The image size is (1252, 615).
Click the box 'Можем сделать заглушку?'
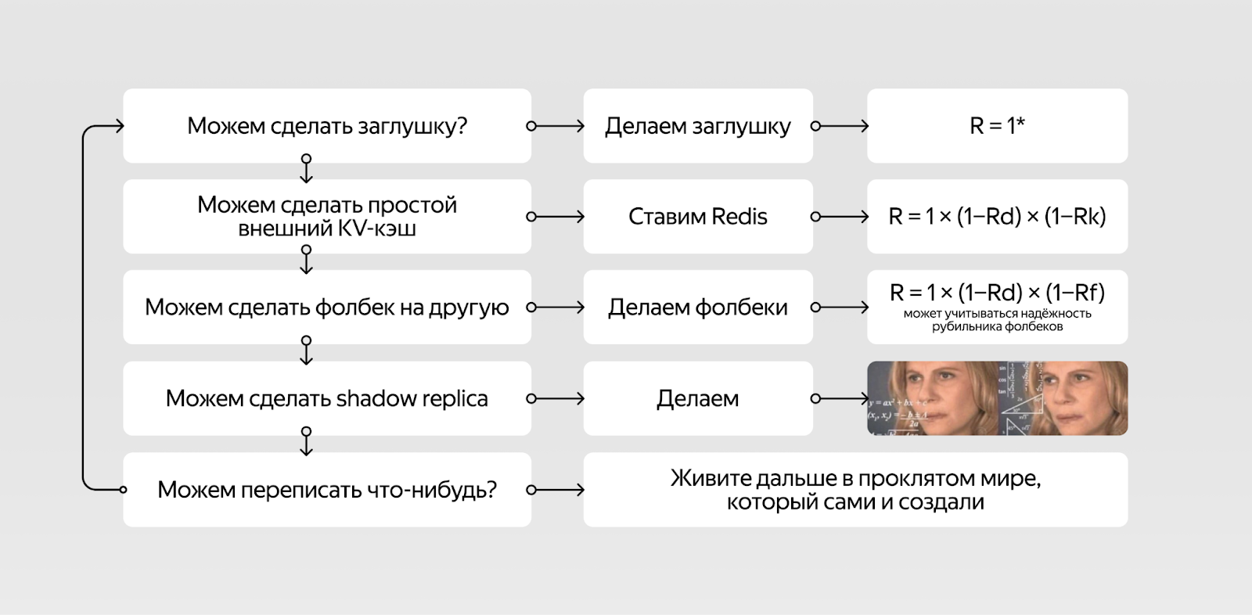click(x=327, y=126)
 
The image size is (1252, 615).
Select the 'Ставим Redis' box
click(x=698, y=217)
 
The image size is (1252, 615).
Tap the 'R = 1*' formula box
click(x=997, y=126)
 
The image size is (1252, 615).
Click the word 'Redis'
click(x=739, y=217)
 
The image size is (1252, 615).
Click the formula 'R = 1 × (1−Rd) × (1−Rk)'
click(x=997, y=217)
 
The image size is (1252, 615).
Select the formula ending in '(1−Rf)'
click(x=997, y=292)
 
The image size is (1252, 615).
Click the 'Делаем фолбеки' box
click(x=698, y=307)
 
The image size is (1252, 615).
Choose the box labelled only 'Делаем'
click(x=698, y=398)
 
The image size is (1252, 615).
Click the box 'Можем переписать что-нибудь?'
click(x=327, y=490)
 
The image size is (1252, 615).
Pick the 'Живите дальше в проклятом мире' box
click(x=856, y=490)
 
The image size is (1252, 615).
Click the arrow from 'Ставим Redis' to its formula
click(x=840, y=217)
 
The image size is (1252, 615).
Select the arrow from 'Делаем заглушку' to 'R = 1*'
click(x=840, y=126)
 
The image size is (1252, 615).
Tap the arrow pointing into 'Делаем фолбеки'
click(x=556, y=307)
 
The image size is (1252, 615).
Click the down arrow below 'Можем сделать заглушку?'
click(x=306, y=168)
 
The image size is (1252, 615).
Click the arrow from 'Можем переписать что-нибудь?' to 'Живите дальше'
click(x=556, y=490)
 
